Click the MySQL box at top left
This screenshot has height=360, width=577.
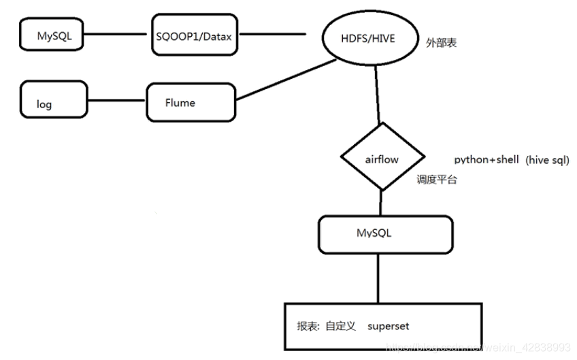click(x=52, y=35)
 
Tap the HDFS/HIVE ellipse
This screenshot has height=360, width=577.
click(x=368, y=38)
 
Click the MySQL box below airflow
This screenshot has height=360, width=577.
click(x=386, y=234)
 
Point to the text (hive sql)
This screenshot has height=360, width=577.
click(x=546, y=159)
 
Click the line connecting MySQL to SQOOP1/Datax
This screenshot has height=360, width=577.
click(x=117, y=35)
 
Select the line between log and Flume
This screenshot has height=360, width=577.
click(x=117, y=103)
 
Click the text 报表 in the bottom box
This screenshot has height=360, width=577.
click(x=306, y=326)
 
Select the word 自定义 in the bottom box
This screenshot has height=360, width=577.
click(x=340, y=326)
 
